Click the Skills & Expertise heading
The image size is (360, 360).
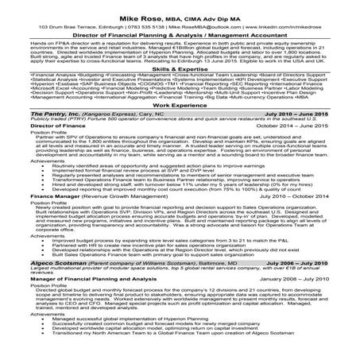point(180,70)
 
